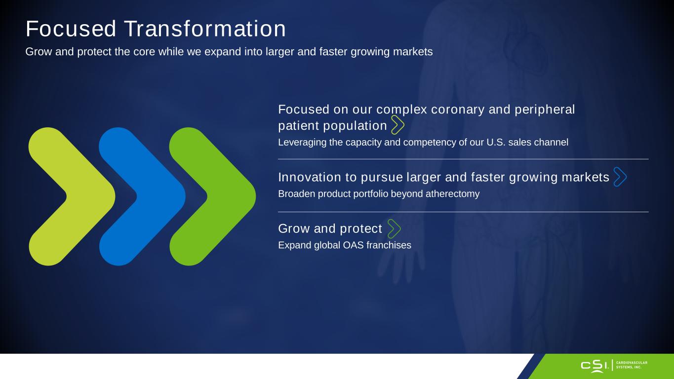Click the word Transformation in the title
click(x=204, y=29)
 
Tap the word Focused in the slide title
click(x=71, y=29)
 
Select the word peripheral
click(x=545, y=110)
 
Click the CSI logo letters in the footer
click(x=595, y=366)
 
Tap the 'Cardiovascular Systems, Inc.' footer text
click(x=632, y=365)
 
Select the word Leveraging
click(x=302, y=143)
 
